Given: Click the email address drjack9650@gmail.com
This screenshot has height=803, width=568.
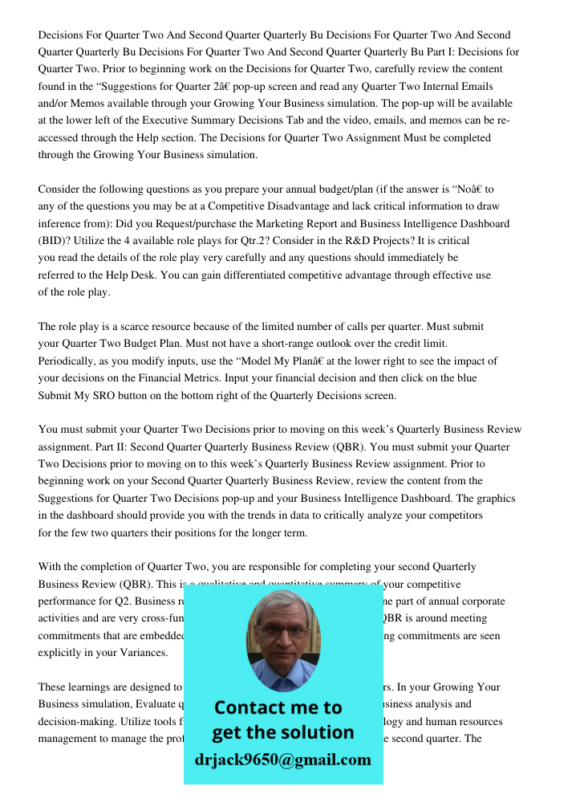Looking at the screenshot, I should click(x=282, y=759).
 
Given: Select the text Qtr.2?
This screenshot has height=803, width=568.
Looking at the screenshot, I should click(x=237, y=240).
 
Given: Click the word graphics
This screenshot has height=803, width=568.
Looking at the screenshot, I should click(x=498, y=498).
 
